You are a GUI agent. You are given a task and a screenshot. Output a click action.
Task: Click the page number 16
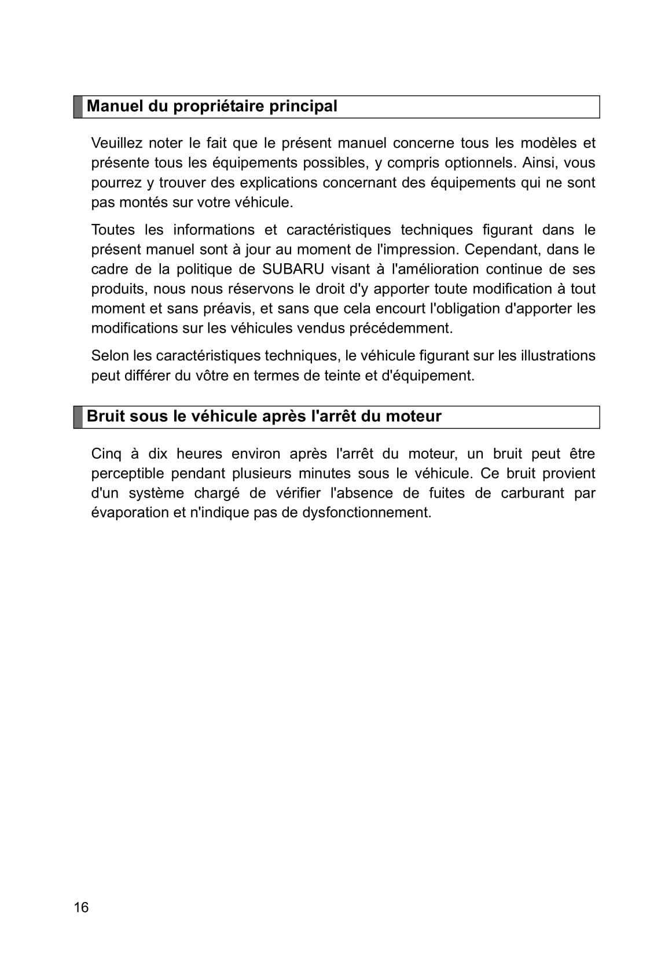(x=82, y=907)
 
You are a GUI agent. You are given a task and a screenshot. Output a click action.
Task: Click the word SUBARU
(x=293, y=269)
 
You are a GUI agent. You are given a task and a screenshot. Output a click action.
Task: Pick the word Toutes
(x=113, y=230)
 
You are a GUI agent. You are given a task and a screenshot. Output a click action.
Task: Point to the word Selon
(x=110, y=355)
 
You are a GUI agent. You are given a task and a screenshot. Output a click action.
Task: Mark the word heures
(x=199, y=454)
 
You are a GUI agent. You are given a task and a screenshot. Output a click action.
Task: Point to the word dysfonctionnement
(x=366, y=513)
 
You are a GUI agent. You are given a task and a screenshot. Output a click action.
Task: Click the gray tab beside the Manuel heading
(x=78, y=107)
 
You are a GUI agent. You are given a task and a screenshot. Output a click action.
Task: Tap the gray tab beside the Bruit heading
(x=78, y=417)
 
